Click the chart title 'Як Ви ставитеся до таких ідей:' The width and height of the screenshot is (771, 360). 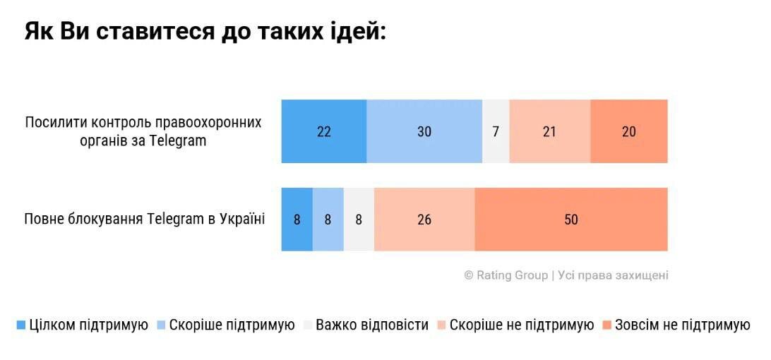pos(205,32)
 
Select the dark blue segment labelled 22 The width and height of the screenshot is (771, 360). pos(323,131)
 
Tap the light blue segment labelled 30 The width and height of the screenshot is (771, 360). pos(424,131)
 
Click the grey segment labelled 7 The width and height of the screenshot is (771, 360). pos(496,131)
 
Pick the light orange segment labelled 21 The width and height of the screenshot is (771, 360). pos(549,131)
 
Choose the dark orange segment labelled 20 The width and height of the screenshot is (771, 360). pos(628,131)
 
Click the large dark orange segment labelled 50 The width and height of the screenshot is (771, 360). pos(570,220)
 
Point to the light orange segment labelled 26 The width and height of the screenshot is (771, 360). pos(424,220)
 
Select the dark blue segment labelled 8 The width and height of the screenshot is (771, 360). pos(297,220)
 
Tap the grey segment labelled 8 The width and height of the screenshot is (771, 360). pos(359,220)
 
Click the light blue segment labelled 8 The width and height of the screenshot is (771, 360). pos(328,220)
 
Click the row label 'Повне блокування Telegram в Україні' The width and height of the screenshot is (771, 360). pos(144,219)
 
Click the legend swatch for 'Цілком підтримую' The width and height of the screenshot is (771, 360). pos(20,325)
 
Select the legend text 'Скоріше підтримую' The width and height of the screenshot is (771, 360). pos(232,325)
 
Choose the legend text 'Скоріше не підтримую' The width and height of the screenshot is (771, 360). pos(521,325)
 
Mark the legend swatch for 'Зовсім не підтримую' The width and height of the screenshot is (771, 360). pos(606,325)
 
